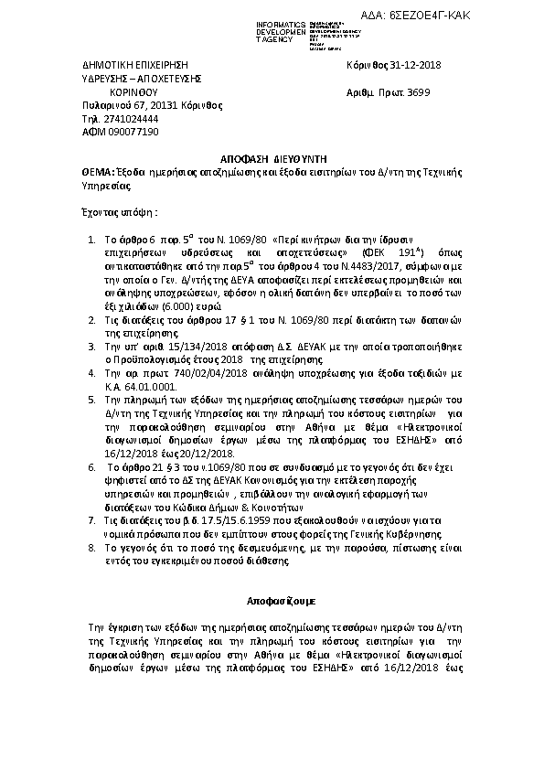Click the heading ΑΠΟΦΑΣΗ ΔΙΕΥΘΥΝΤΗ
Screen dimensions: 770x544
click(272, 157)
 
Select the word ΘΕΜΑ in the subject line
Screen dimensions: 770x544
click(91, 171)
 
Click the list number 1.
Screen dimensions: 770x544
click(91, 240)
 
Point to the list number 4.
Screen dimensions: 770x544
click(91, 375)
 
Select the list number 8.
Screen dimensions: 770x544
click(91, 546)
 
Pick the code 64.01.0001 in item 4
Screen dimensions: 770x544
click(149, 387)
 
